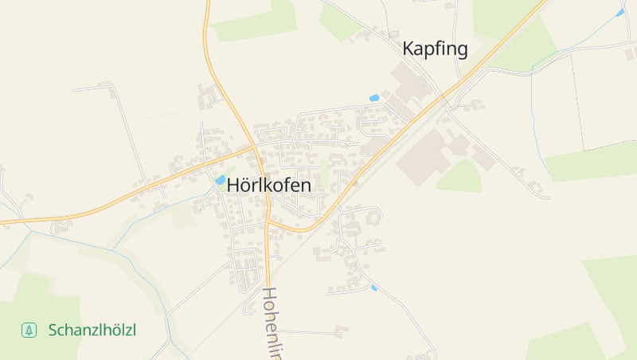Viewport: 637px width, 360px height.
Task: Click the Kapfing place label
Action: pyautogui.click(x=435, y=49)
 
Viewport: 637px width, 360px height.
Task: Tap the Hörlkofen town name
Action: pyautogui.click(x=269, y=184)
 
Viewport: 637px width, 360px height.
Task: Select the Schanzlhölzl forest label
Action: pyautogui.click(x=92, y=329)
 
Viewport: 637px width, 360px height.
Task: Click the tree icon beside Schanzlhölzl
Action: pyautogui.click(x=29, y=329)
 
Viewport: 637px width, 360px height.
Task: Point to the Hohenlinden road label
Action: pyautogui.click(x=272, y=323)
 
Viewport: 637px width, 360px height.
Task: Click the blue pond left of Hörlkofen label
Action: pyautogui.click(x=219, y=181)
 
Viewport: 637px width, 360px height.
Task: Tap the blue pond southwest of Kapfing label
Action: pyautogui.click(x=374, y=98)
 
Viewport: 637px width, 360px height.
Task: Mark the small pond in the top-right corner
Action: pyautogui.click(x=619, y=13)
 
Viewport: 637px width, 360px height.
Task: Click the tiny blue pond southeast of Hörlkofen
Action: pyautogui.click(x=373, y=288)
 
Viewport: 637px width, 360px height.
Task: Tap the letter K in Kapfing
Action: pyautogui.click(x=409, y=49)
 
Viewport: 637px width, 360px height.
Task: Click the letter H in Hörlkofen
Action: pyautogui.click(x=233, y=184)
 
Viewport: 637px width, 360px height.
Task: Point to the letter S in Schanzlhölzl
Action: pyautogui.click(x=53, y=329)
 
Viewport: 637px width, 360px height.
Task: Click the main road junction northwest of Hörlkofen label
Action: pyautogui.click(x=256, y=147)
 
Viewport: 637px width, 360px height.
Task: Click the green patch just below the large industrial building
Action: pyautogui.click(x=459, y=177)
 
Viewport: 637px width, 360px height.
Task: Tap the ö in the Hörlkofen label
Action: pyautogui.click(x=247, y=184)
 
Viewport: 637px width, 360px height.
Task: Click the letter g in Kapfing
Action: pyautogui.click(x=461, y=50)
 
